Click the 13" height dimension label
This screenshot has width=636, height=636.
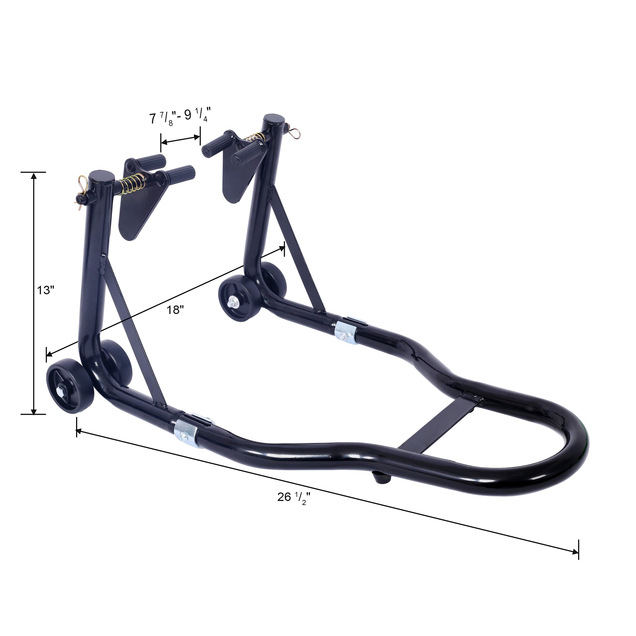click(x=45, y=290)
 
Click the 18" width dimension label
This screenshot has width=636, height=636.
click(x=175, y=310)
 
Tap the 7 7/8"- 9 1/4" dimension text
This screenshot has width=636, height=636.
click(x=180, y=117)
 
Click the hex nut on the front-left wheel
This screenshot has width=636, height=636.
click(x=61, y=391)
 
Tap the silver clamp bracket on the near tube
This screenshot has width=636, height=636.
click(x=186, y=433)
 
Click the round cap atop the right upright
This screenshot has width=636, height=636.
click(x=274, y=119)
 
